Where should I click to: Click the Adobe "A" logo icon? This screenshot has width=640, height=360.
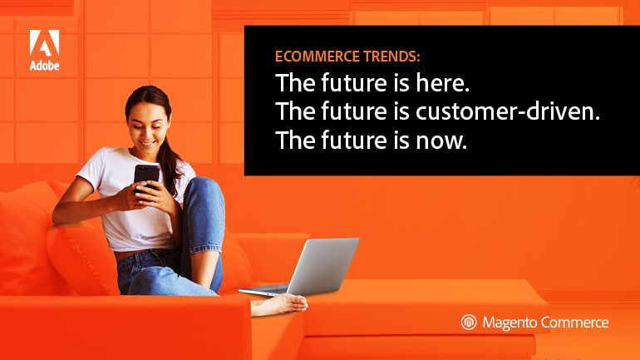(x=45, y=43)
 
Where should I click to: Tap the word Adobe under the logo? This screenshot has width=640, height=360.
(x=45, y=66)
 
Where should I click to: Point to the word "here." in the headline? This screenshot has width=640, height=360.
(x=442, y=83)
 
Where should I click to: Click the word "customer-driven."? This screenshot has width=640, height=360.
(x=508, y=111)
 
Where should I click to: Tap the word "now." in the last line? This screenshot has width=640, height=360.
(x=441, y=141)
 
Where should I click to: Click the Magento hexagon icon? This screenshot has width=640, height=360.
(x=469, y=322)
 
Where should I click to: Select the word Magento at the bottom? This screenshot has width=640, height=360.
(x=510, y=323)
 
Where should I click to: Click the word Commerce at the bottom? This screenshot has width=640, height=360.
(x=574, y=323)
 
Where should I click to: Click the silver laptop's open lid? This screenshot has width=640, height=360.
(x=323, y=265)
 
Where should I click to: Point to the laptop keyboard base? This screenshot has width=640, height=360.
(x=265, y=290)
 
